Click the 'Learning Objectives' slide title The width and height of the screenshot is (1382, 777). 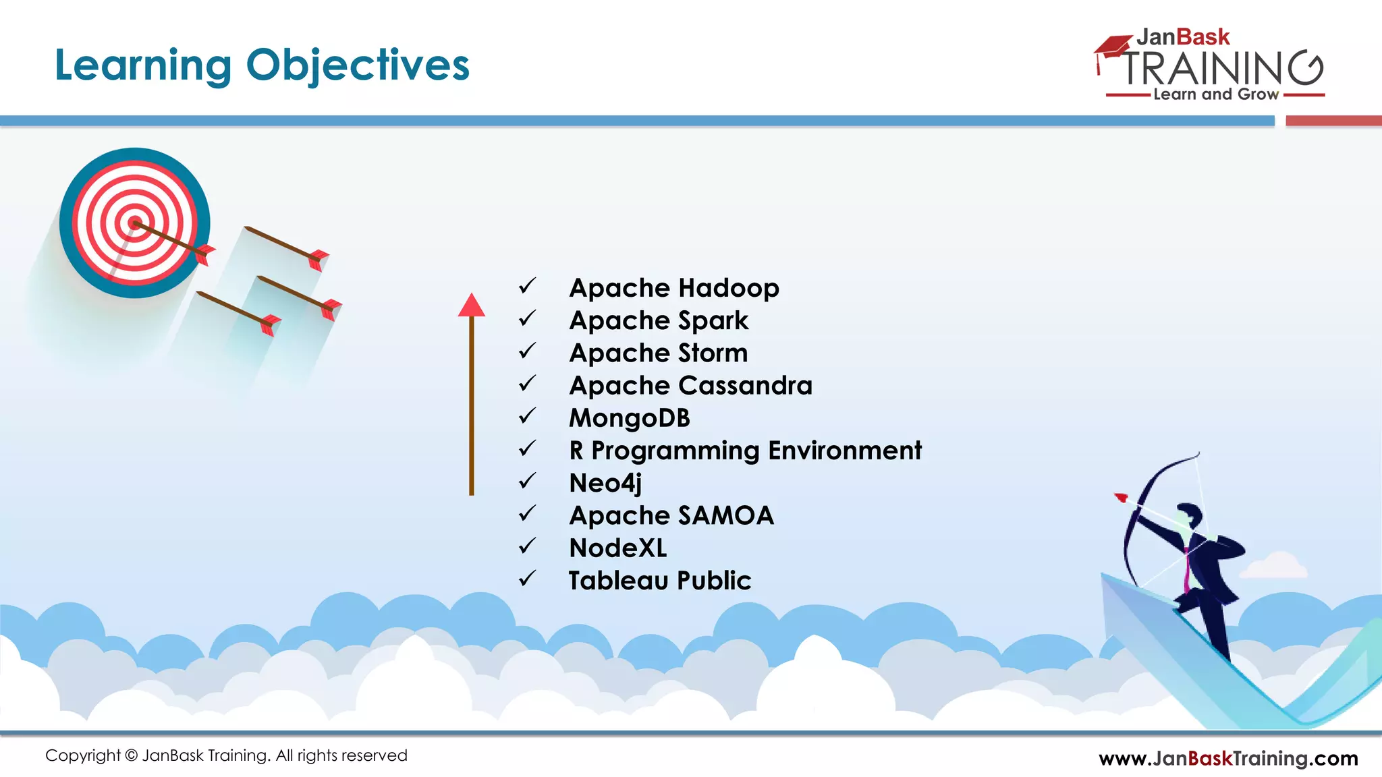click(262, 65)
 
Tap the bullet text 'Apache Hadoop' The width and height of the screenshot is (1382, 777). click(674, 288)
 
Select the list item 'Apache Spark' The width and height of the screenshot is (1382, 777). click(659, 320)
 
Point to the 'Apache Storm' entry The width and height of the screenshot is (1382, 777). click(659, 353)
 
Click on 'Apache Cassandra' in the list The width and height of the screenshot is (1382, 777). click(690, 385)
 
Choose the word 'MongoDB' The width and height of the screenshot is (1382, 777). click(630, 418)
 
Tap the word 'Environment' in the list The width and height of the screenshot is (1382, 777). click(845, 451)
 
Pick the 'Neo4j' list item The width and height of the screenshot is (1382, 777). click(605, 483)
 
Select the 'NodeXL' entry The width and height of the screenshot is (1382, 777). click(617, 548)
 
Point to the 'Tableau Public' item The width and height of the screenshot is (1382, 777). click(659, 580)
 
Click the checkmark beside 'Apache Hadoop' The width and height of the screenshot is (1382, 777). click(527, 286)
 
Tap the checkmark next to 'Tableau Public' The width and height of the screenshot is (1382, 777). click(527, 578)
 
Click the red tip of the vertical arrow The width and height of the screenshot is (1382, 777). click(472, 305)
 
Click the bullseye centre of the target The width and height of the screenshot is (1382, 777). click(135, 223)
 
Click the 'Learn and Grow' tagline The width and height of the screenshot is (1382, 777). click(1215, 94)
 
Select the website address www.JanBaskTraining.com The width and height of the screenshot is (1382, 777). click(1228, 758)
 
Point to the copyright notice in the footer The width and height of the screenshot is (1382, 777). click(226, 755)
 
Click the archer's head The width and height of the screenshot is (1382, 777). click(1190, 515)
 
